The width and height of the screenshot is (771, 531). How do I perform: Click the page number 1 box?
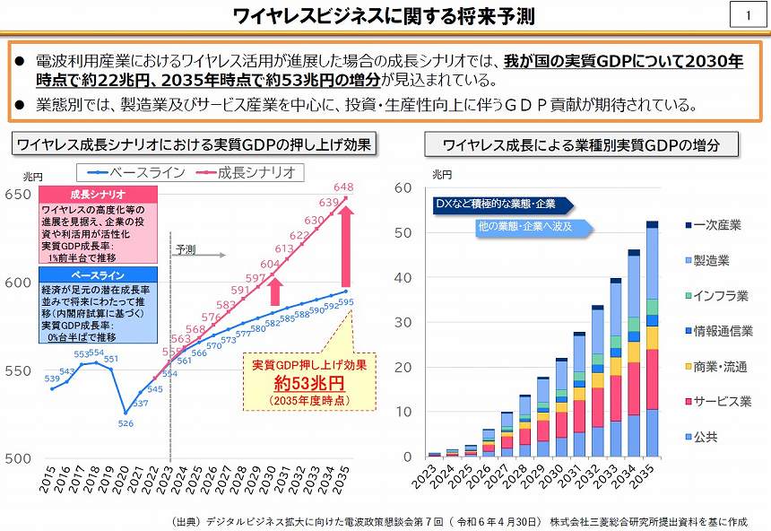[x=747, y=15]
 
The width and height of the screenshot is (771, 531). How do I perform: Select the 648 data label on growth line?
[x=343, y=187]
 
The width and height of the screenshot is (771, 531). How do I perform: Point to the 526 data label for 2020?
[x=126, y=423]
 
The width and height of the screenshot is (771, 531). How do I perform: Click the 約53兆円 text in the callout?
[x=298, y=384]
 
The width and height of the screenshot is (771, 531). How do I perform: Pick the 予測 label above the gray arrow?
[x=186, y=248]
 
